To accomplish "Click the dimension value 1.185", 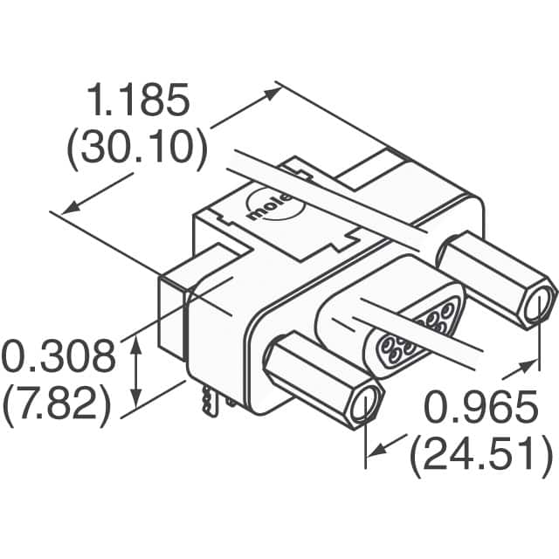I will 139,103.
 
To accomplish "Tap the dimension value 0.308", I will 59,358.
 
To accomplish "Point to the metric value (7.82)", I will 59,404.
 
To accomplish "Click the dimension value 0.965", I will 480,408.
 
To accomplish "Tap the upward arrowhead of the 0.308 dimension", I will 136,348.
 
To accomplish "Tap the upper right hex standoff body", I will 493,277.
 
